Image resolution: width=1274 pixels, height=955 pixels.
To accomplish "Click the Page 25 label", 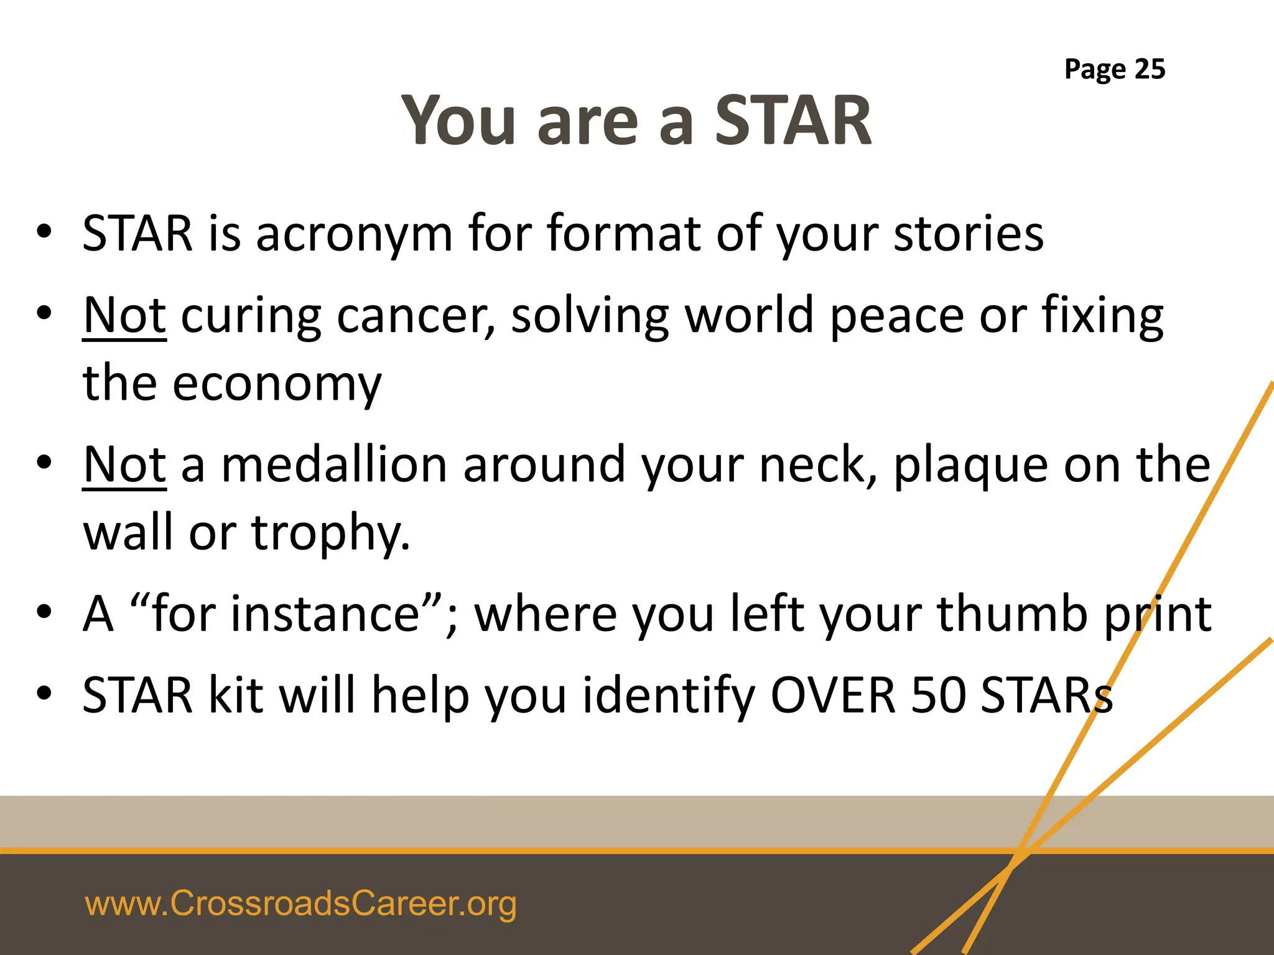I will pos(1114,69).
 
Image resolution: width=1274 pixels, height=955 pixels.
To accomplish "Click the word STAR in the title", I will pos(793,121).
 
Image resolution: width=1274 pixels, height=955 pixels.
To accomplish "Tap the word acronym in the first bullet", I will pos(353,235).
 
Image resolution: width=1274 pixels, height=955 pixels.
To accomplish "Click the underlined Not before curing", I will pos(124,316).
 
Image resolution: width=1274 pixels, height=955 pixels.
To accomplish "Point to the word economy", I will pos(277,384).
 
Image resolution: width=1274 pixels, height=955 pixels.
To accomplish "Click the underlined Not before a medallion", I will pos(124,465).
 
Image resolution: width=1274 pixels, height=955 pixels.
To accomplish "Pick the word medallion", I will pos(334,465).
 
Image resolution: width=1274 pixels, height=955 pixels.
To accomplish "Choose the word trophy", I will pos(330,533).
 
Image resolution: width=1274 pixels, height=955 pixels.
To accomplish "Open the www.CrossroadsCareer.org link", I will pos(300,903).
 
